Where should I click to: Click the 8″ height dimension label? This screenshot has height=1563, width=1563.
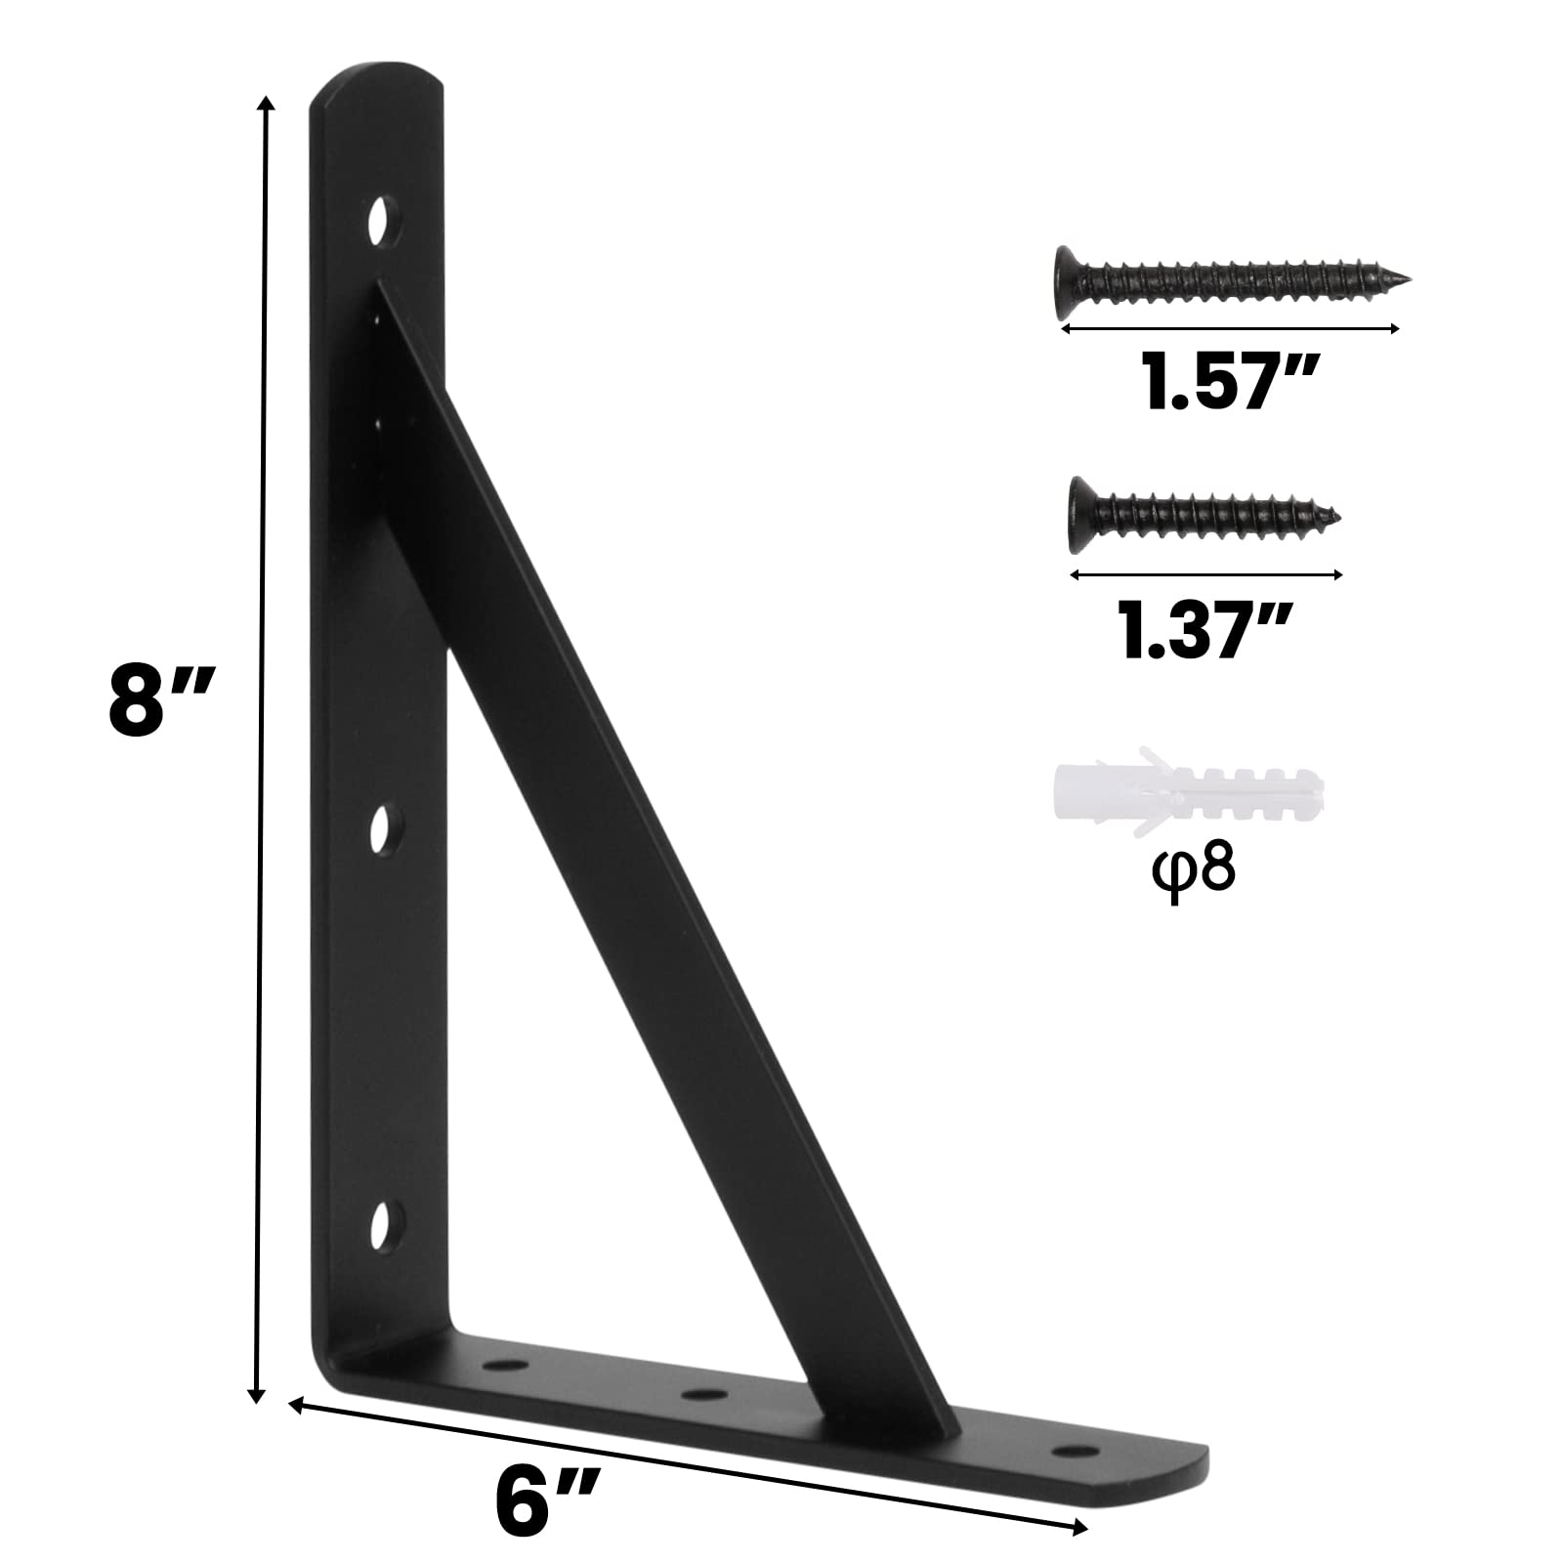click(x=159, y=699)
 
